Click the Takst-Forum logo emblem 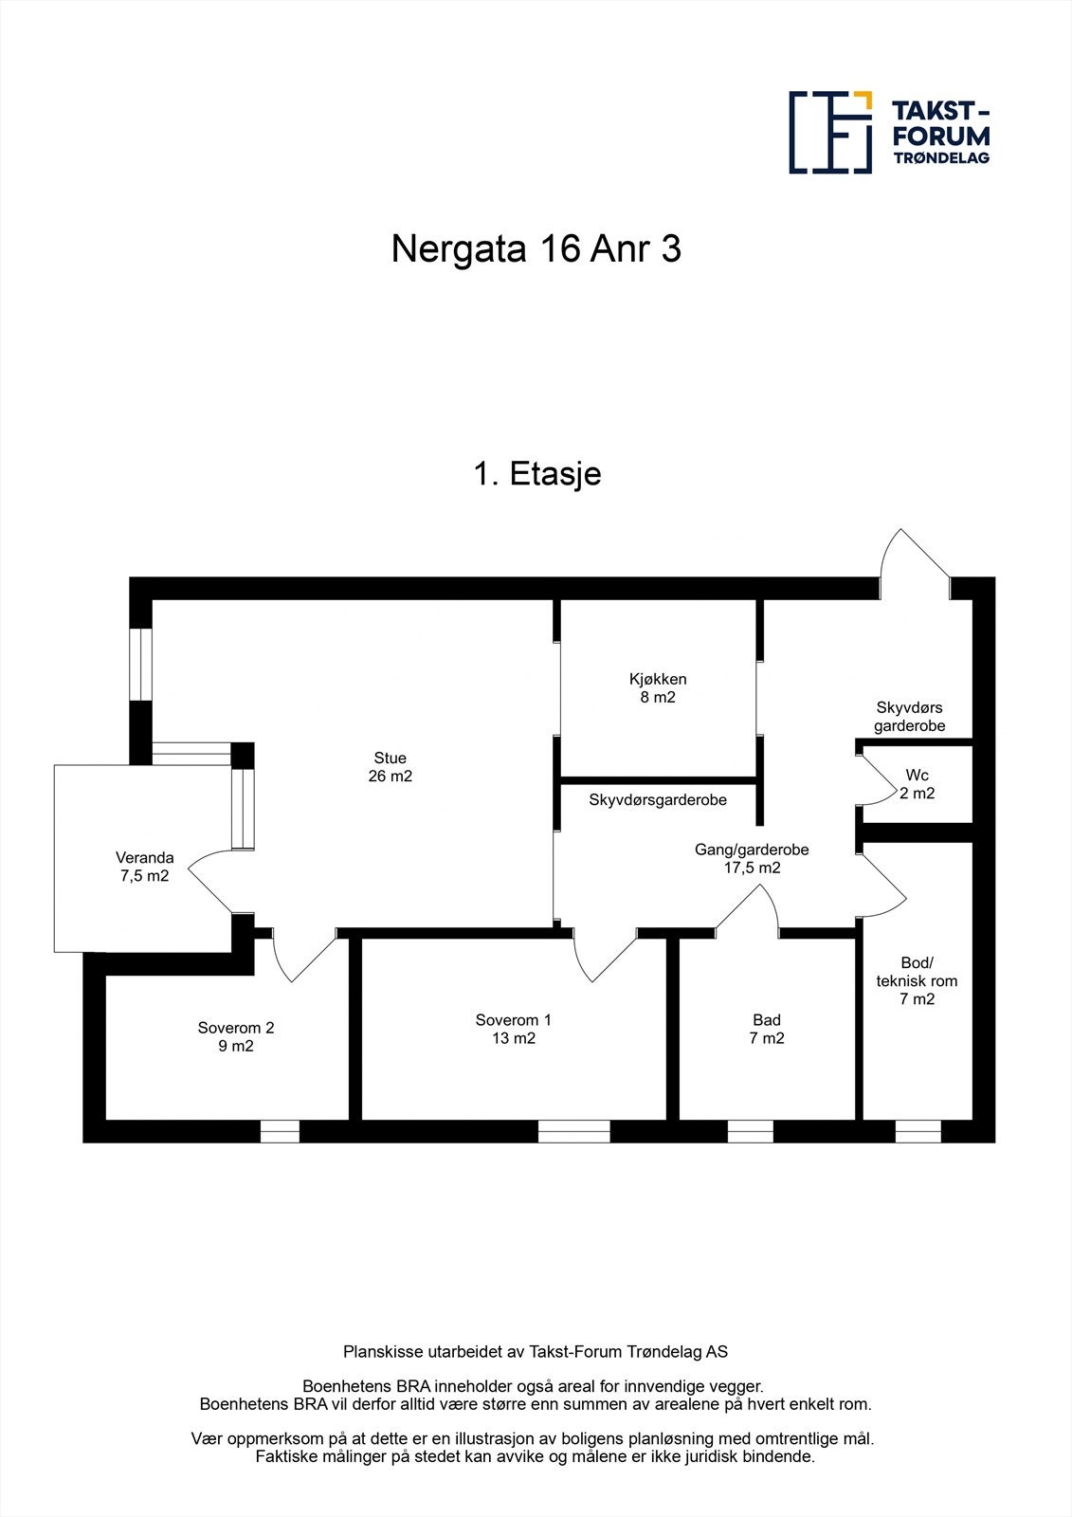click(x=830, y=132)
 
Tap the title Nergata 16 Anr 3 click(x=536, y=248)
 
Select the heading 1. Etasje click(x=537, y=473)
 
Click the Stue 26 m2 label click(x=391, y=767)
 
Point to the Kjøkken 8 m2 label click(x=658, y=688)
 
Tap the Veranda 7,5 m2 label click(x=144, y=867)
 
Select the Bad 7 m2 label click(x=767, y=1030)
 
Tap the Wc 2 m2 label click(x=917, y=783)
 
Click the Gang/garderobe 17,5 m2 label click(x=752, y=858)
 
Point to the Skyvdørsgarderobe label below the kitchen click(x=658, y=800)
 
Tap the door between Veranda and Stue click(x=209, y=881)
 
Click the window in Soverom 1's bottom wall click(x=573, y=1132)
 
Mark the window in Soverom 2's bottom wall click(x=280, y=1132)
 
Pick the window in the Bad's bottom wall click(x=751, y=1132)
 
